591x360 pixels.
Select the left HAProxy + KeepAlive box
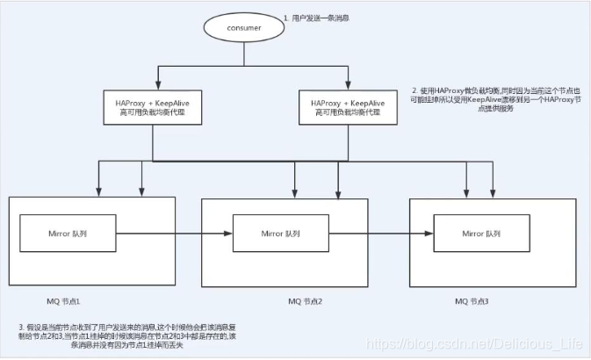point(153,109)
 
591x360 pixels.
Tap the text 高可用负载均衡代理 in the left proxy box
point(153,115)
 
